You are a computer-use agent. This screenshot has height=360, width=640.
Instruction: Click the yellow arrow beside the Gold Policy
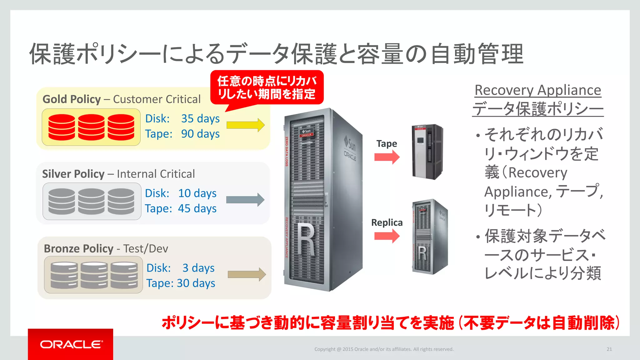point(246,125)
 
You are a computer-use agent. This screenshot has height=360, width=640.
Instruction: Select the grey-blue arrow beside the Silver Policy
point(245,200)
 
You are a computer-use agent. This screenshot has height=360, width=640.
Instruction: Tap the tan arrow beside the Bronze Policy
point(247,274)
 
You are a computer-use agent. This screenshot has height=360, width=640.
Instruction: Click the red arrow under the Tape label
point(387,157)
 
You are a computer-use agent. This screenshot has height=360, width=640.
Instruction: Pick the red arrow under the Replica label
point(387,236)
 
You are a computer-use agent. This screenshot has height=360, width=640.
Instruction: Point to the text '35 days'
point(200,119)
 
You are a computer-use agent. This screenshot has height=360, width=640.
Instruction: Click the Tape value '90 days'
point(200,134)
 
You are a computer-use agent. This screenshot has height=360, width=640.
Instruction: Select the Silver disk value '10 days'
point(197,193)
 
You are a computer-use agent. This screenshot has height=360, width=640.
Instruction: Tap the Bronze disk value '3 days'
point(198,268)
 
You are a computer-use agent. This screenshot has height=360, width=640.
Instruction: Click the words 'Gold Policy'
point(72,99)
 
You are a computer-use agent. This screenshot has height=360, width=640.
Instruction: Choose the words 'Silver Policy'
point(73,174)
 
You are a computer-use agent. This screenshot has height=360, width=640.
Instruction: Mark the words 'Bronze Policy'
point(78,249)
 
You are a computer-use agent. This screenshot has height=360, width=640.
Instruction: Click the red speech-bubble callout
point(267,87)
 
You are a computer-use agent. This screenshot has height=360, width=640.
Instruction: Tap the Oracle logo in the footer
point(71,344)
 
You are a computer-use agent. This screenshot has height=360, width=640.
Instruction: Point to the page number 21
point(609,349)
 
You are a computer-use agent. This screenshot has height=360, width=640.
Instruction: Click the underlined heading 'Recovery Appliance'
point(538,90)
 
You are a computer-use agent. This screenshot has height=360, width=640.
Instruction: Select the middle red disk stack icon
point(91,127)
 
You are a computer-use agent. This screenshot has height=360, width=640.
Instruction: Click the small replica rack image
point(430,237)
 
